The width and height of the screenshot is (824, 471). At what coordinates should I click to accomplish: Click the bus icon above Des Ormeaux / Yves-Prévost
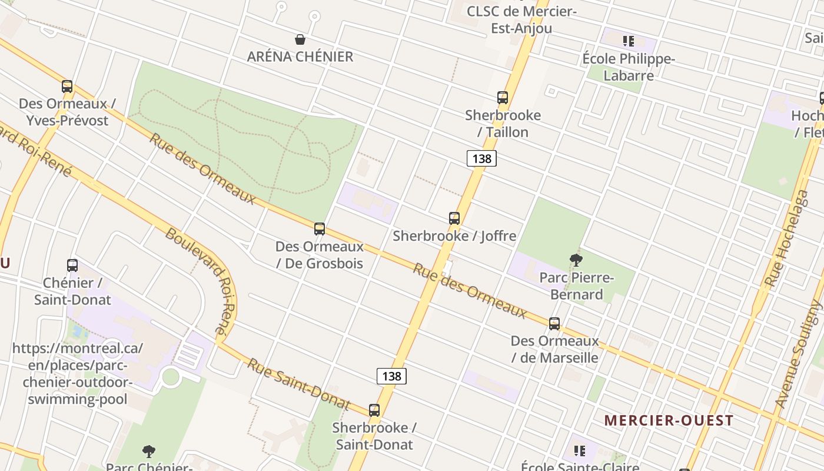[x=67, y=87]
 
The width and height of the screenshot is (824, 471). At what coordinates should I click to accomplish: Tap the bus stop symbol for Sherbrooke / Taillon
[x=502, y=98]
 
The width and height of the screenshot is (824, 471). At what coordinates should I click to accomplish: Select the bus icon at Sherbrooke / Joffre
[x=454, y=218]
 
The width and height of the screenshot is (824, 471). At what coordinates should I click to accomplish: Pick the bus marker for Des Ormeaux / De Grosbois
[x=320, y=229]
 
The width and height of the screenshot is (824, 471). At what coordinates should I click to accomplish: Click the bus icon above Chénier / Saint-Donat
[x=72, y=266]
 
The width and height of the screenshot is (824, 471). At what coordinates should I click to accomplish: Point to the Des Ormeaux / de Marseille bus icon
[x=554, y=324]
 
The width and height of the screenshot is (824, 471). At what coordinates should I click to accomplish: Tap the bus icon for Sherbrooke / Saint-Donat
[x=374, y=410]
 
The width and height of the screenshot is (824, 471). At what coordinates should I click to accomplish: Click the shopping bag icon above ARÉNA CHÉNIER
[x=300, y=39]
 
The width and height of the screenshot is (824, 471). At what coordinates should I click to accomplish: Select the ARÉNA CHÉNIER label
[x=300, y=57]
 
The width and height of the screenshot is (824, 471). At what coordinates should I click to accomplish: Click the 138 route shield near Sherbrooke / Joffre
[x=482, y=158]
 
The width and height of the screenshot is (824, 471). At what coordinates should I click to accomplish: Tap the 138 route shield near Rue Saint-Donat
[x=391, y=376]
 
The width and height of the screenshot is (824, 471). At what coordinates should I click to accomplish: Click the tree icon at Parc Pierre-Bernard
[x=576, y=260]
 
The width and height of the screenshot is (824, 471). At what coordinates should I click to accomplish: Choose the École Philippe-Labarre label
[x=628, y=67]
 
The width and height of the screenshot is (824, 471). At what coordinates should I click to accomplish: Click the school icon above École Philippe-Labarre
[x=628, y=41]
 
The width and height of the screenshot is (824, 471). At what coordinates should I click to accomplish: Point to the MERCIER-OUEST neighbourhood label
[x=669, y=420]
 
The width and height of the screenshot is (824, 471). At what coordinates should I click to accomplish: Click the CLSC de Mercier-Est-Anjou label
[x=521, y=19]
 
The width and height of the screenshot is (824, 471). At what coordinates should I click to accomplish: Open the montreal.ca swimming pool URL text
[x=78, y=374]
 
